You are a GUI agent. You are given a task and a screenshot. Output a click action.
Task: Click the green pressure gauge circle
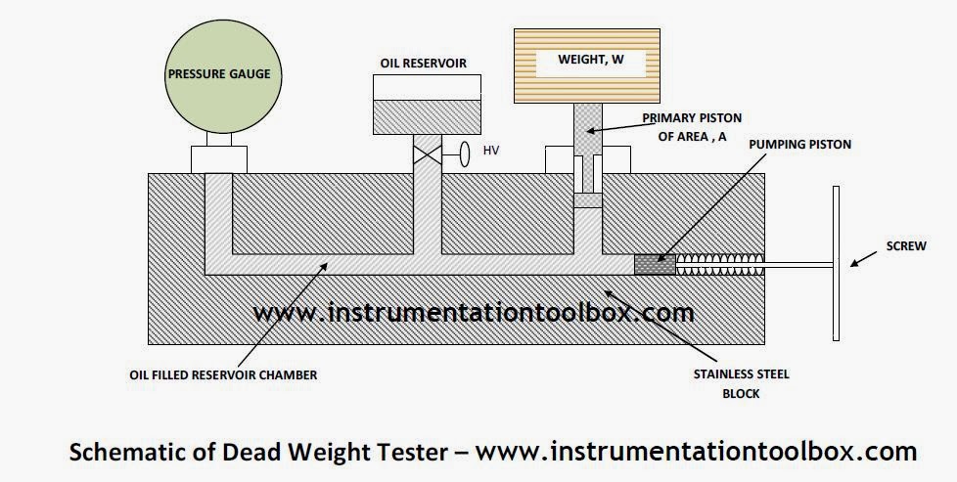point(218,74)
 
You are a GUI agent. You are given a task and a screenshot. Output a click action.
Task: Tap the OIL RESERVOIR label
point(423,64)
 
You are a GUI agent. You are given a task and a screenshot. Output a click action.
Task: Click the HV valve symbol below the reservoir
point(427,153)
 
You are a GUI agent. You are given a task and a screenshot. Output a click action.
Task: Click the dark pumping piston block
point(654,264)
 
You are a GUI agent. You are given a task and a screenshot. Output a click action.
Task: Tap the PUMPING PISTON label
point(799,144)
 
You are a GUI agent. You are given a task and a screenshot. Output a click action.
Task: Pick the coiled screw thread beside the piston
point(716,264)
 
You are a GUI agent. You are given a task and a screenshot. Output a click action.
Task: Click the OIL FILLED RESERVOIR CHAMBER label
point(223,374)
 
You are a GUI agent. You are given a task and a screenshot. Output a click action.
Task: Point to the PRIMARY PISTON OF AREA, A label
point(686,126)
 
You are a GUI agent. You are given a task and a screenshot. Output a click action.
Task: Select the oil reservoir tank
point(426,115)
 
